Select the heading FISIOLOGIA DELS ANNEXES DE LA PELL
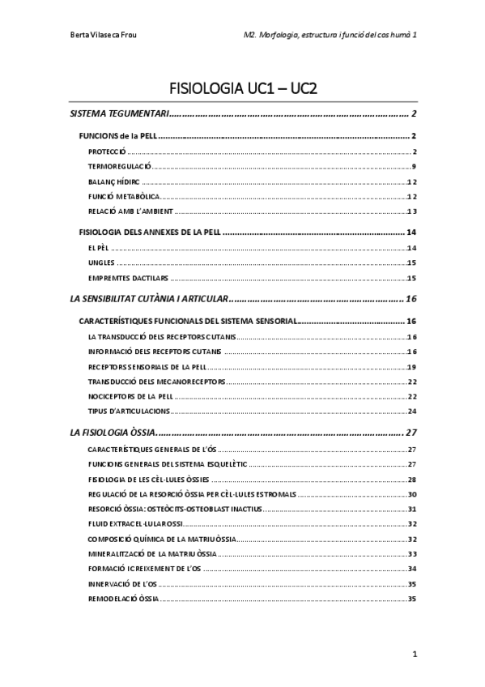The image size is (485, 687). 149,233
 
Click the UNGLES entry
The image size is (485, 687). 100,262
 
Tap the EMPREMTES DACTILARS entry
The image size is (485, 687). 122,278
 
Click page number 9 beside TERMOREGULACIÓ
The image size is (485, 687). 413,167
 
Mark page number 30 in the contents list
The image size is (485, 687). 411,493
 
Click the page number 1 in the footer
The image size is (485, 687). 414,653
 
